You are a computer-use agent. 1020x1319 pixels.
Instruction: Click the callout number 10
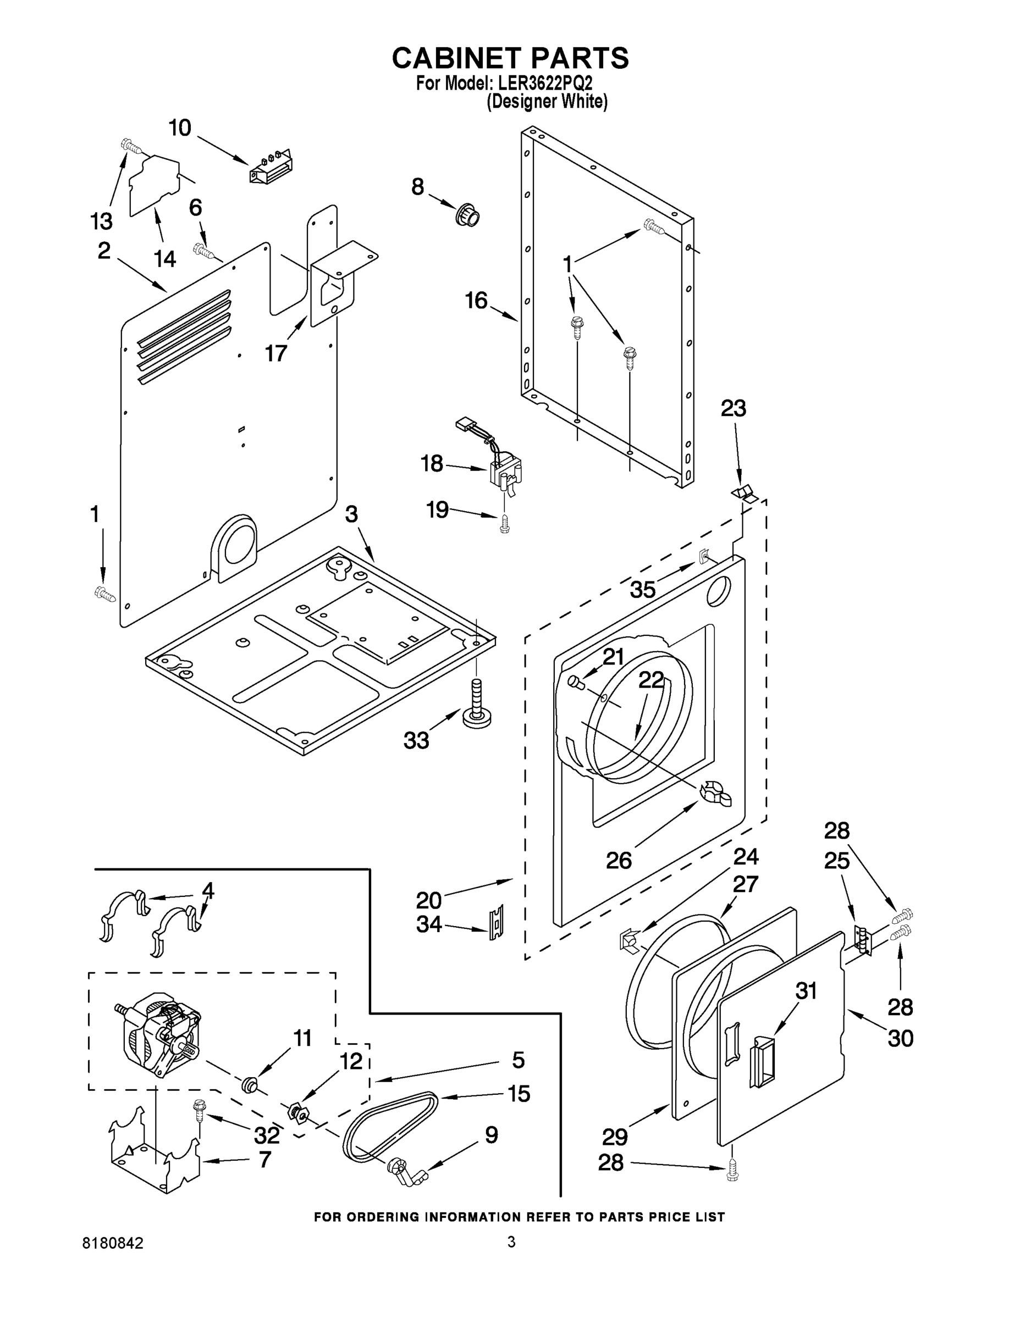pyautogui.click(x=179, y=128)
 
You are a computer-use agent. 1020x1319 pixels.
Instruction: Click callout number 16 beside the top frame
pyautogui.click(x=476, y=300)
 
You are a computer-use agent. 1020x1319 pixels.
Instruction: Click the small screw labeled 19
pyautogui.click(x=505, y=524)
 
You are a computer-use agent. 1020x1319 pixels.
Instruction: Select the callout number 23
pyautogui.click(x=733, y=409)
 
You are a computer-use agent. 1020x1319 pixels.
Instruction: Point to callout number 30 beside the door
pyautogui.click(x=900, y=1039)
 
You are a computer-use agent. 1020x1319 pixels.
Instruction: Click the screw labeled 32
pyautogui.click(x=197, y=1110)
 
